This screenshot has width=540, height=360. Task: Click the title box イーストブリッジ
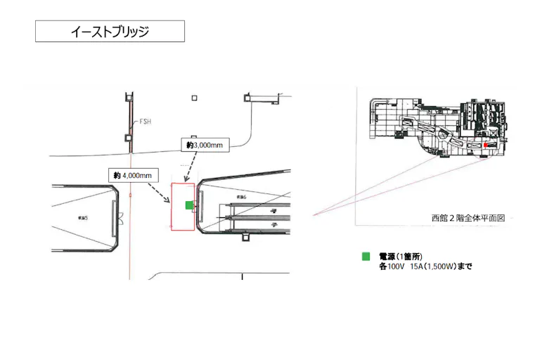(x=110, y=32)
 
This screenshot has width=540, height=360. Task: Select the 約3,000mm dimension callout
(x=205, y=144)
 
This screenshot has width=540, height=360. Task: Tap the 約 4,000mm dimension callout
(x=133, y=174)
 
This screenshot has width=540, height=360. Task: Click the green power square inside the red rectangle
(x=188, y=205)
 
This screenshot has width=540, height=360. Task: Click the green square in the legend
(x=366, y=257)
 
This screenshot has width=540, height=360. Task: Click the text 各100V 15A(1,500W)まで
(x=425, y=267)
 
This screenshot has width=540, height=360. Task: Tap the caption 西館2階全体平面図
(x=468, y=218)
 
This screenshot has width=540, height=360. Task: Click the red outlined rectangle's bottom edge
(x=183, y=230)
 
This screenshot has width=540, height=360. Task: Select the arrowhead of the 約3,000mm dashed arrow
(x=185, y=180)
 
